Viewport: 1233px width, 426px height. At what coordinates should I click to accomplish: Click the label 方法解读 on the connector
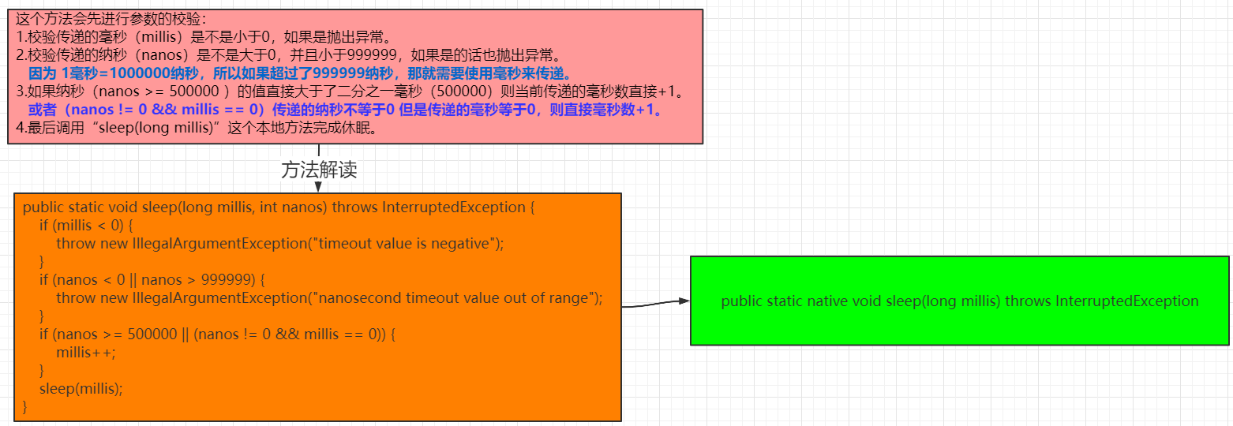click(319, 170)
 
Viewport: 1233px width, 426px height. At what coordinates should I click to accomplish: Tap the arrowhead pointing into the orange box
click(318, 187)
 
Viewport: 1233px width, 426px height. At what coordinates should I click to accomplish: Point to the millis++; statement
click(85, 352)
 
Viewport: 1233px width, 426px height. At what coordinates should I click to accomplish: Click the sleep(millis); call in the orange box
click(81, 388)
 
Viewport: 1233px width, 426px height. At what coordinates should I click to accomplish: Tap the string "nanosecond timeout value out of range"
click(454, 298)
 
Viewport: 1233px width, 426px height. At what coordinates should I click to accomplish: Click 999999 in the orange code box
click(227, 280)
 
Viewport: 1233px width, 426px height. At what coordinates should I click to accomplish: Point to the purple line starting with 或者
click(344, 110)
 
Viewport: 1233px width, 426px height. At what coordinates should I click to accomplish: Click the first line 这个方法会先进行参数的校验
click(111, 19)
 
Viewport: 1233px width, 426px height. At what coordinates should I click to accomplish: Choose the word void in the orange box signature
click(122, 207)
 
